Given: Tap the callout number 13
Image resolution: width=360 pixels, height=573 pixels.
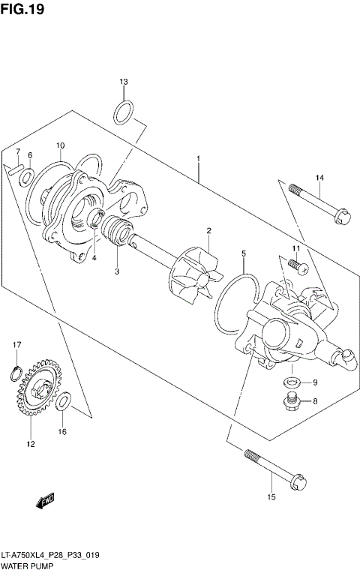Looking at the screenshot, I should pyautogui.click(x=124, y=82).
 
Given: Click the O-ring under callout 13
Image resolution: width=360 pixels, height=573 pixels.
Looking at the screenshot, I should pyautogui.click(x=124, y=113).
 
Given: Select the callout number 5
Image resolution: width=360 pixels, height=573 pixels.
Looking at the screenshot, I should pyautogui.click(x=244, y=255).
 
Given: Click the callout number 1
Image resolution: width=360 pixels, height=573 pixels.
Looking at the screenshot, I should pyautogui.click(x=198, y=159).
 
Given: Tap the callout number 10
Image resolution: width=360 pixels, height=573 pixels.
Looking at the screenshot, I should pyautogui.click(x=61, y=145).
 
